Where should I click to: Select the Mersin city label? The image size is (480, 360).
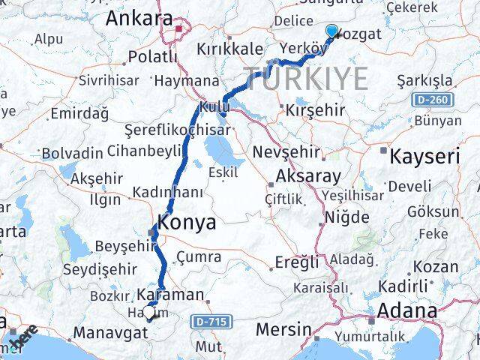[283, 329]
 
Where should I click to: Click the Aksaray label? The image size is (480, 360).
[308, 177]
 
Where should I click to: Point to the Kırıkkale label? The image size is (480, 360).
[228, 47]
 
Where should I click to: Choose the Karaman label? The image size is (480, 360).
[171, 295]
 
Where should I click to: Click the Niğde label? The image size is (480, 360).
[347, 218]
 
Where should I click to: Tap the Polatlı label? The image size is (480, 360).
[153, 56]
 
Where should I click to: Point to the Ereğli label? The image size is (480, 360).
[292, 262]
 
